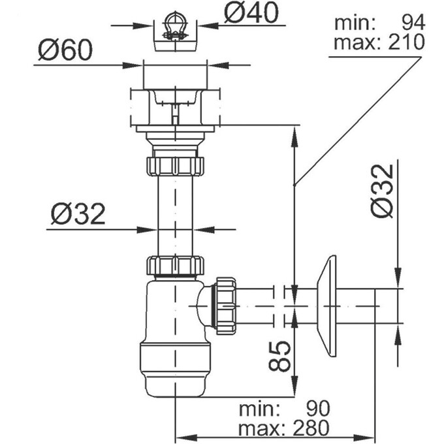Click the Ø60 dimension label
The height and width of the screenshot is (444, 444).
[x=63, y=50]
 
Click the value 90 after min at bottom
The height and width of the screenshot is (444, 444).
[x=318, y=409]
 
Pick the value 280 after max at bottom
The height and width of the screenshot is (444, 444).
[x=311, y=428]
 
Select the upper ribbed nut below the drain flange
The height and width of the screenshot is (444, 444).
[x=174, y=163]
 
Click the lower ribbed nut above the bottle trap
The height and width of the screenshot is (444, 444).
[x=174, y=266]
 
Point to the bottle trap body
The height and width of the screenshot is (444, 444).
[x=175, y=313]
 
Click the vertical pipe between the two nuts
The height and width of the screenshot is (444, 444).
[x=174, y=215]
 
